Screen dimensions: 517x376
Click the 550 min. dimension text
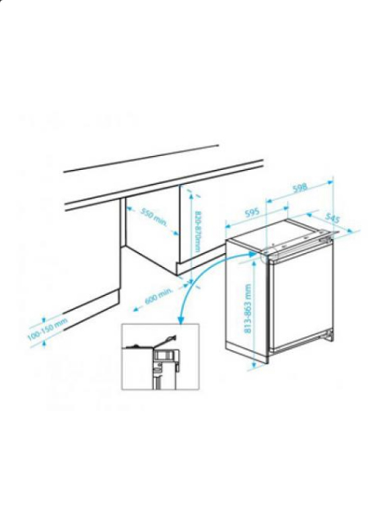pyautogui.click(x=153, y=217)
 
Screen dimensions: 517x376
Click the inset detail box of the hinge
pyautogui.click(x=159, y=356)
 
